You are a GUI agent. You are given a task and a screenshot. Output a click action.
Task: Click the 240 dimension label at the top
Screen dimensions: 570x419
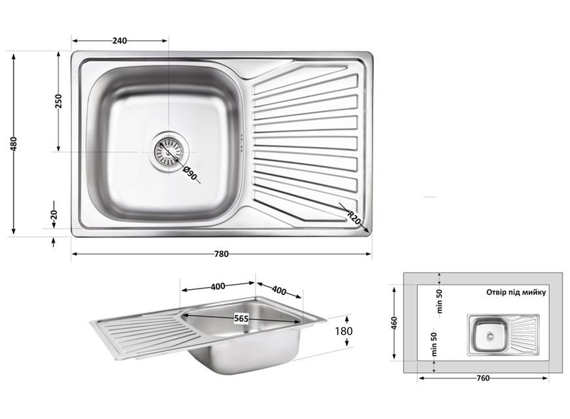(x=119, y=41)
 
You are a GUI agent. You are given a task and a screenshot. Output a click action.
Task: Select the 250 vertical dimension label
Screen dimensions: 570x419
(x=58, y=102)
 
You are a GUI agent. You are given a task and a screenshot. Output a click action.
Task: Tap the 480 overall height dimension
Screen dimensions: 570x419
(x=14, y=144)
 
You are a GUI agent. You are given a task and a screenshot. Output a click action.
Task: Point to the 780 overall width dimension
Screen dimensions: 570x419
(x=222, y=254)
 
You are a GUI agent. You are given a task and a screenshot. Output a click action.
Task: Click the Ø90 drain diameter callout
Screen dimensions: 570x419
(x=190, y=173)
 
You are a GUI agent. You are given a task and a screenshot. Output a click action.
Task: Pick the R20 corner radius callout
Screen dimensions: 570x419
(x=354, y=218)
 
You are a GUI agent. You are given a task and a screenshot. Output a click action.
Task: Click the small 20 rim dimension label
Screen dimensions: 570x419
(x=54, y=214)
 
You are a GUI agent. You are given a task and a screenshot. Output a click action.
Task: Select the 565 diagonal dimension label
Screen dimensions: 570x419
(x=241, y=319)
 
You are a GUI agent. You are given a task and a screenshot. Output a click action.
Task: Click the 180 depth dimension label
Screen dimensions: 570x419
(x=344, y=331)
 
